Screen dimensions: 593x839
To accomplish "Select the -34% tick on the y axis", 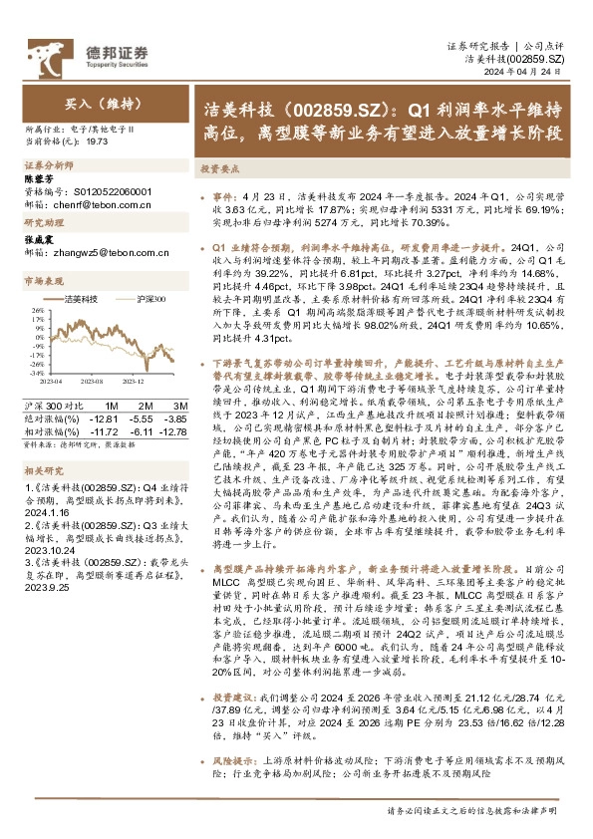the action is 31,372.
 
